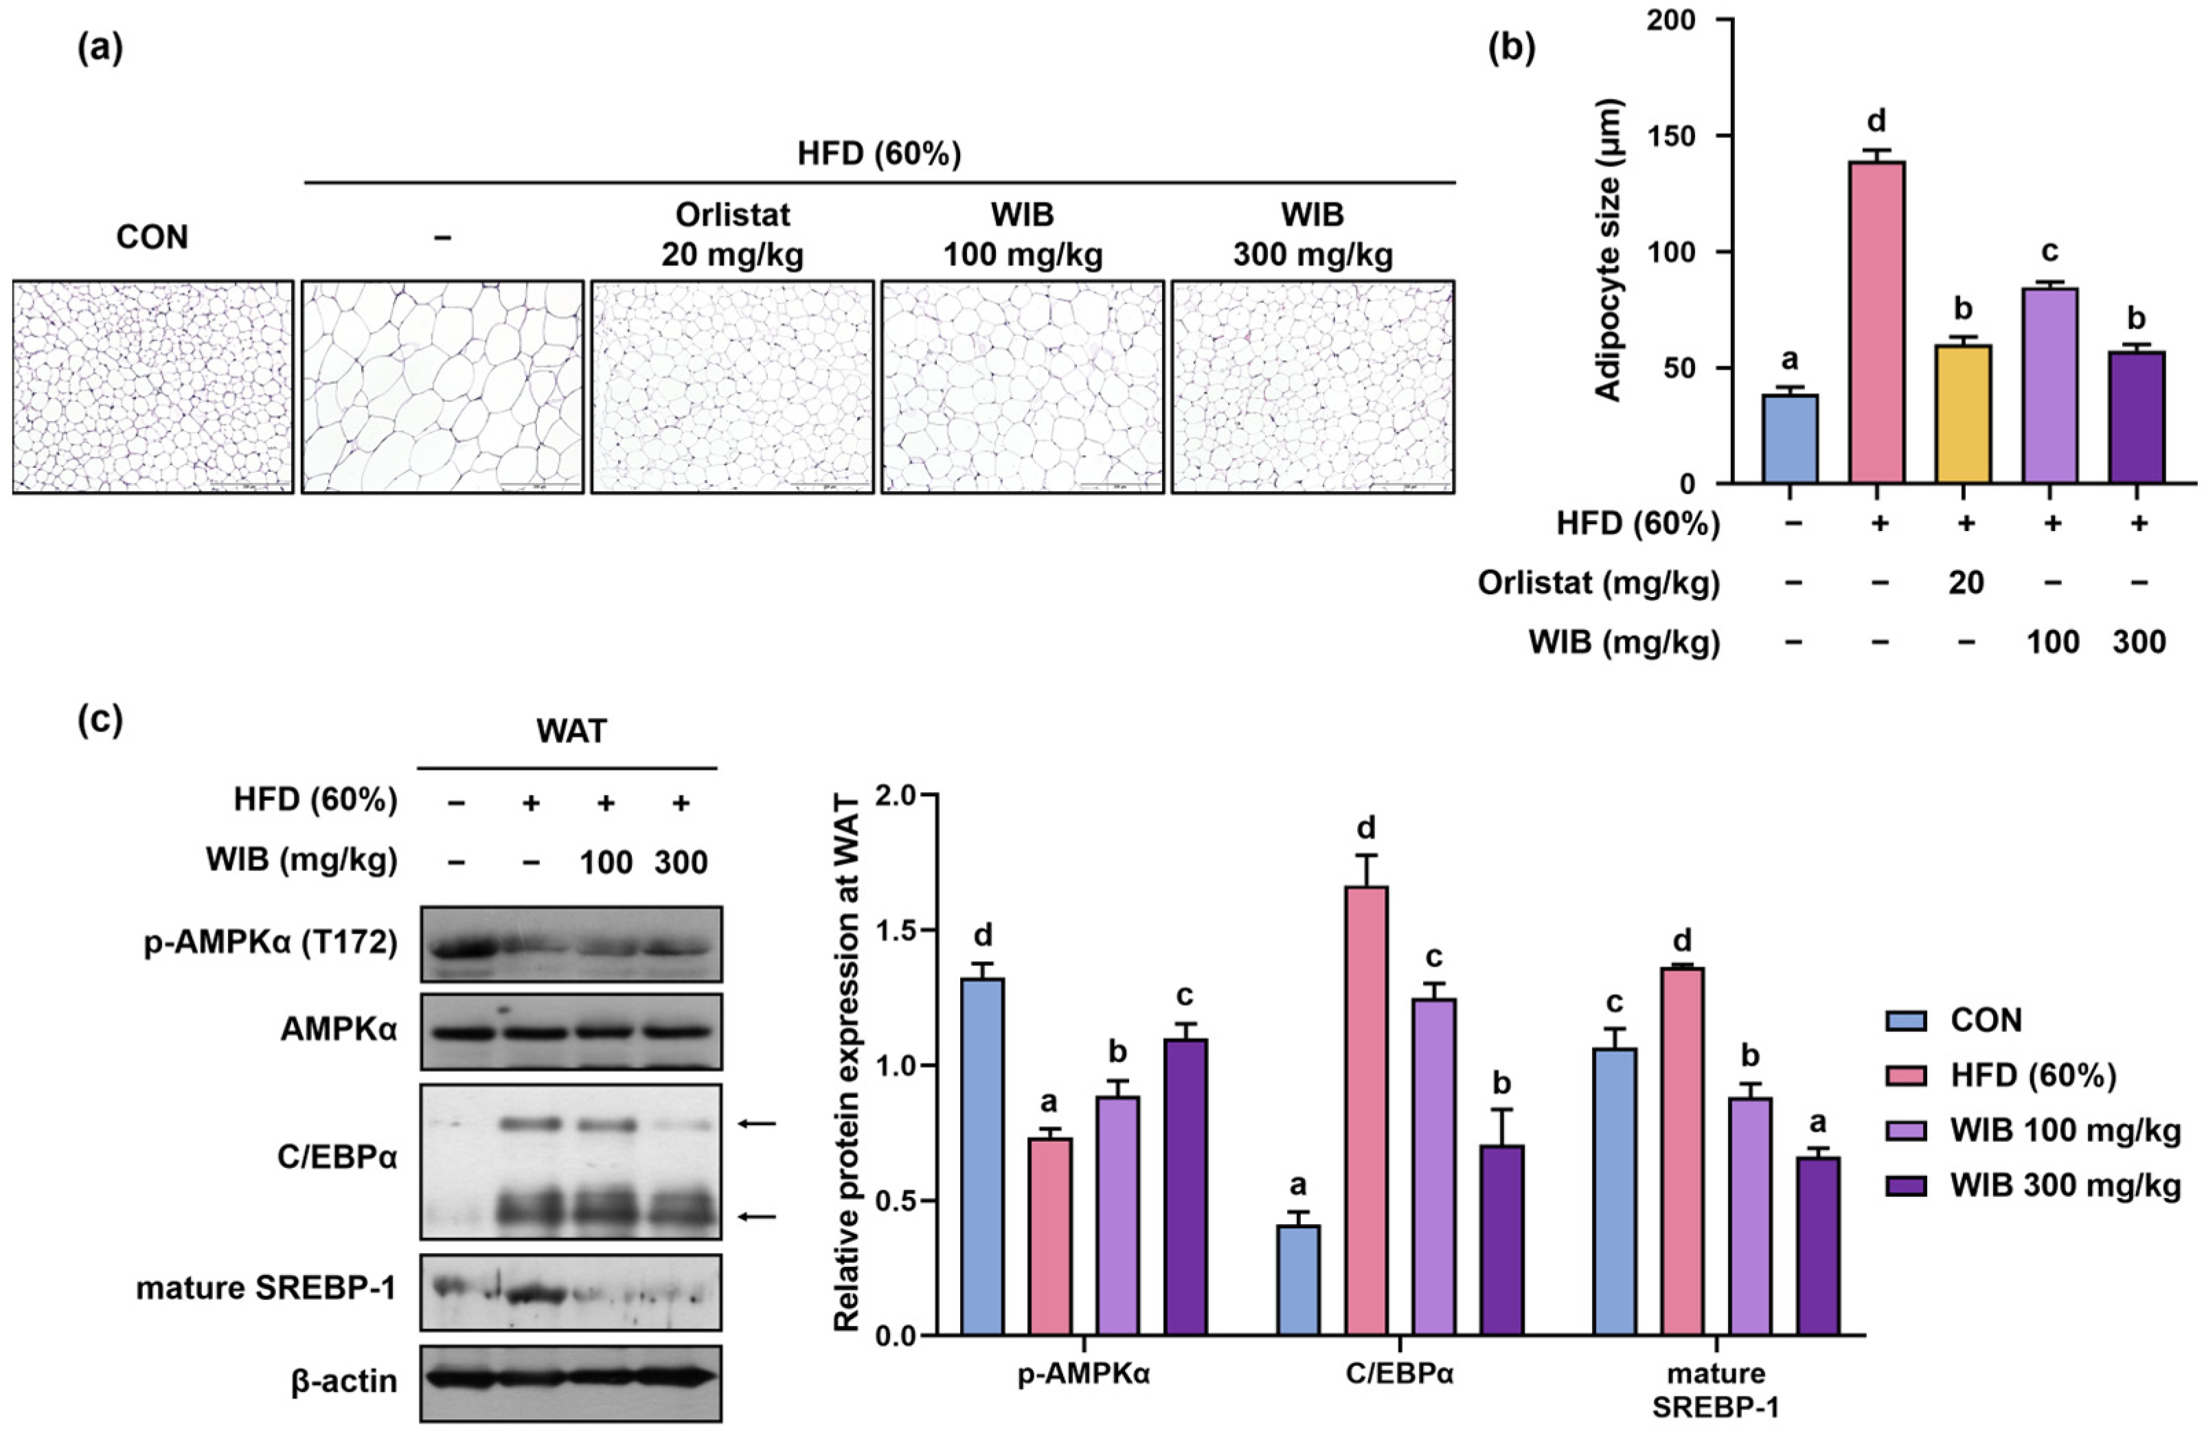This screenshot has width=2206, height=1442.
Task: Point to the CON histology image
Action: click(x=153, y=387)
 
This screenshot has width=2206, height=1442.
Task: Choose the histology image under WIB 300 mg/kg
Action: click(x=1312, y=387)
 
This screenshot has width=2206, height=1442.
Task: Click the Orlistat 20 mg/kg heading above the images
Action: click(x=732, y=234)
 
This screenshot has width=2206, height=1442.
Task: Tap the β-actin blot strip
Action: click(x=571, y=1381)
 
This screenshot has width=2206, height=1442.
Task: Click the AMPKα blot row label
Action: click(x=339, y=1029)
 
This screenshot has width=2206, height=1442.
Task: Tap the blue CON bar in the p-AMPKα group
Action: click(x=983, y=1156)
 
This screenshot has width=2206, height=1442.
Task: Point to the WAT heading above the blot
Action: click(x=571, y=731)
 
